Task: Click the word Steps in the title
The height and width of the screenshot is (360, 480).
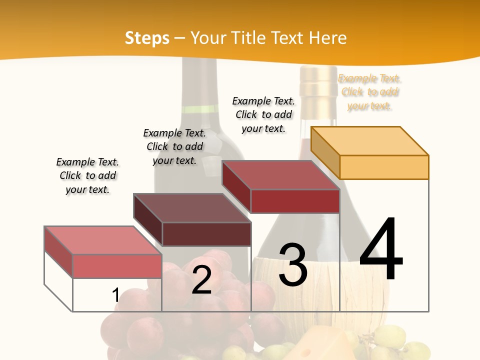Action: pos(147,38)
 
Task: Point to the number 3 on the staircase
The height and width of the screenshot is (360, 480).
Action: pos(292,265)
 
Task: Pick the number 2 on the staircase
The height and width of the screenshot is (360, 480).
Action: pos(201,280)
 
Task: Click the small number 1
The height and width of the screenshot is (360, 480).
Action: pos(116,295)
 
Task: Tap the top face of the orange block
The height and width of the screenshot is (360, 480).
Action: pos(370,141)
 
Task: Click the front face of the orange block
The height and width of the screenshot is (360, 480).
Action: pos(384,167)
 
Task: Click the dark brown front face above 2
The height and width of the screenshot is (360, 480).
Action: pos(206,234)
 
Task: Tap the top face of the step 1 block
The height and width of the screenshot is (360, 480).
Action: pos(103,240)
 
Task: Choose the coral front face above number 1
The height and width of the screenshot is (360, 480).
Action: pos(117,266)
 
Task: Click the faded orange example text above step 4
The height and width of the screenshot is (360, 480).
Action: pos(370,92)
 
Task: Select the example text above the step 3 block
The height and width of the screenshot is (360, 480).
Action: pos(263,114)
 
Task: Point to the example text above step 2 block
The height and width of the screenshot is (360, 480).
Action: pos(174,146)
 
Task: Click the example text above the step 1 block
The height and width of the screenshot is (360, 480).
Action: pos(87,175)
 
